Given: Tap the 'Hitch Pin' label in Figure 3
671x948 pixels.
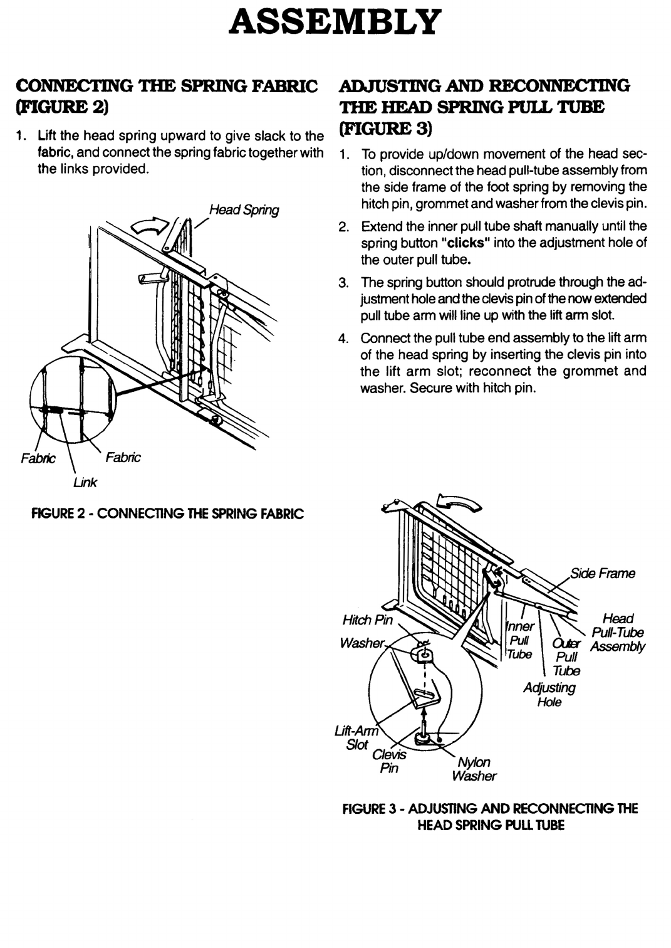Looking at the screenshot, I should pos(367,620).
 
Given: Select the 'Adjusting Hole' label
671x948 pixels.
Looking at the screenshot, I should pos(549,694).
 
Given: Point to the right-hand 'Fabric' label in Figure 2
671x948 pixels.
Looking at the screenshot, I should pos(125,458).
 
